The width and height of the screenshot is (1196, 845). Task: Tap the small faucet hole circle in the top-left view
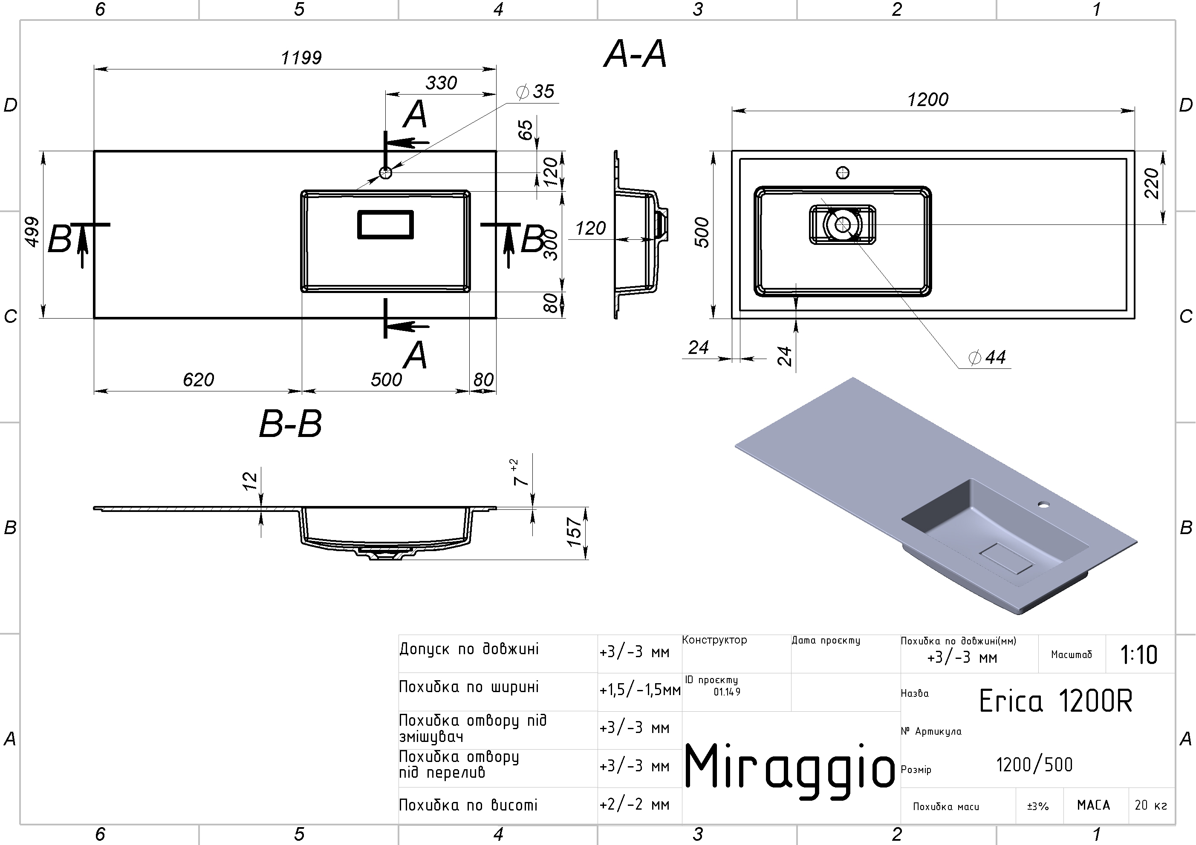[385, 173]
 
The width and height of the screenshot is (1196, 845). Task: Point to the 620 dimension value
[199, 379]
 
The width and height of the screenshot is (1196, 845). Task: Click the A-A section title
[635, 54]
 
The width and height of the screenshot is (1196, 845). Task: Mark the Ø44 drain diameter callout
[987, 357]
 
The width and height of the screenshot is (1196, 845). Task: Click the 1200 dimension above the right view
[928, 99]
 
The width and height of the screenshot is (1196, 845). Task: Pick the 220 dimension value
[1151, 183]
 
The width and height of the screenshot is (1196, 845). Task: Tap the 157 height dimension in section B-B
[574, 532]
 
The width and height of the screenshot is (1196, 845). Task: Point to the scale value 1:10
[1139, 655]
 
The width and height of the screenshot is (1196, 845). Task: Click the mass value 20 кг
[1151, 805]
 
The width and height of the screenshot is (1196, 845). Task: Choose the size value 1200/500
[1034, 765]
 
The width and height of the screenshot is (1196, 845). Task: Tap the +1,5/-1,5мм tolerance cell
[640, 690]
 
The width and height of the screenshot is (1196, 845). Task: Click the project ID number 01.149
[727, 692]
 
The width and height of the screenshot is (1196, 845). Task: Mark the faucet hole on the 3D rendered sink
[1043, 505]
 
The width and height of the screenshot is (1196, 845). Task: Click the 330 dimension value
[441, 83]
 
